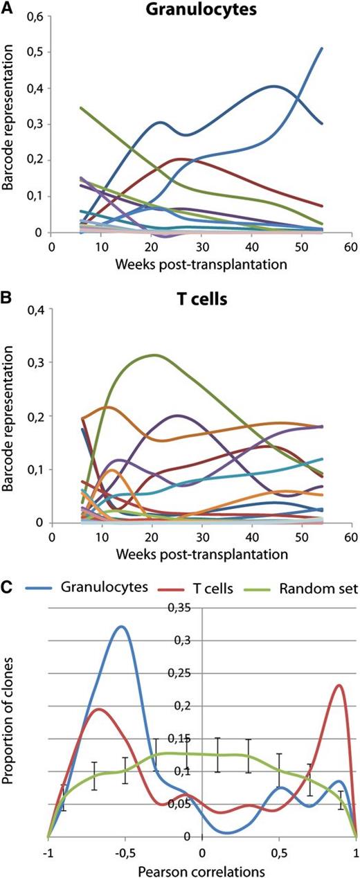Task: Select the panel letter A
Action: pos(7,7)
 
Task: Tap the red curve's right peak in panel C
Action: pos(339,686)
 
